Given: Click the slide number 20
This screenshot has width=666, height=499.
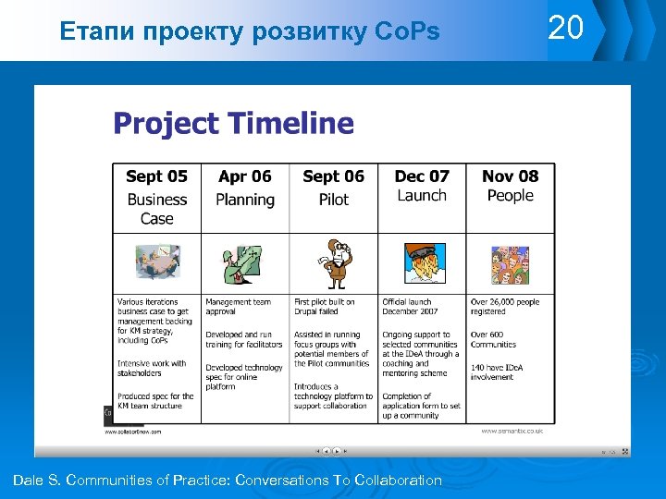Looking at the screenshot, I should click(566, 29).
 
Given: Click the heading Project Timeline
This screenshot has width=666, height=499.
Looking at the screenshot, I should click(233, 123).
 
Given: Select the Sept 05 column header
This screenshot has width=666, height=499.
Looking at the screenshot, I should click(156, 176).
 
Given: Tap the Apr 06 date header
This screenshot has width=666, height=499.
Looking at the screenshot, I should click(245, 176).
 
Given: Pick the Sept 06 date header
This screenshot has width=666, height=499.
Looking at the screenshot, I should click(333, 176).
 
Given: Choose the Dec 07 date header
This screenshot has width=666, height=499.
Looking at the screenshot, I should click(422, 176).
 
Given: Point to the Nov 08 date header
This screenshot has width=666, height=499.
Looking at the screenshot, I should click(510, 176).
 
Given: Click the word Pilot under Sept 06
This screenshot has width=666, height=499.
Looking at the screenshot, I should click(333, 200).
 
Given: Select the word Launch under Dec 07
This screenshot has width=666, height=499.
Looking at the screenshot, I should click(422, 196).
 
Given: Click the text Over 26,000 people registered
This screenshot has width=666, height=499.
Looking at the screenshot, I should click(504, 307).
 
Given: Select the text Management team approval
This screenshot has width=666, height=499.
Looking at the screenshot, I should click(238, 307).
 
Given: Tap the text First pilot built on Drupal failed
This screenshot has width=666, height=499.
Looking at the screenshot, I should click(325, 307).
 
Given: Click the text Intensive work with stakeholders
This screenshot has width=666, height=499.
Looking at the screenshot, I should click(152, 368).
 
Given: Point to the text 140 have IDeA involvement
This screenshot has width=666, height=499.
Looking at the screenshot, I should click(497, 372).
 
